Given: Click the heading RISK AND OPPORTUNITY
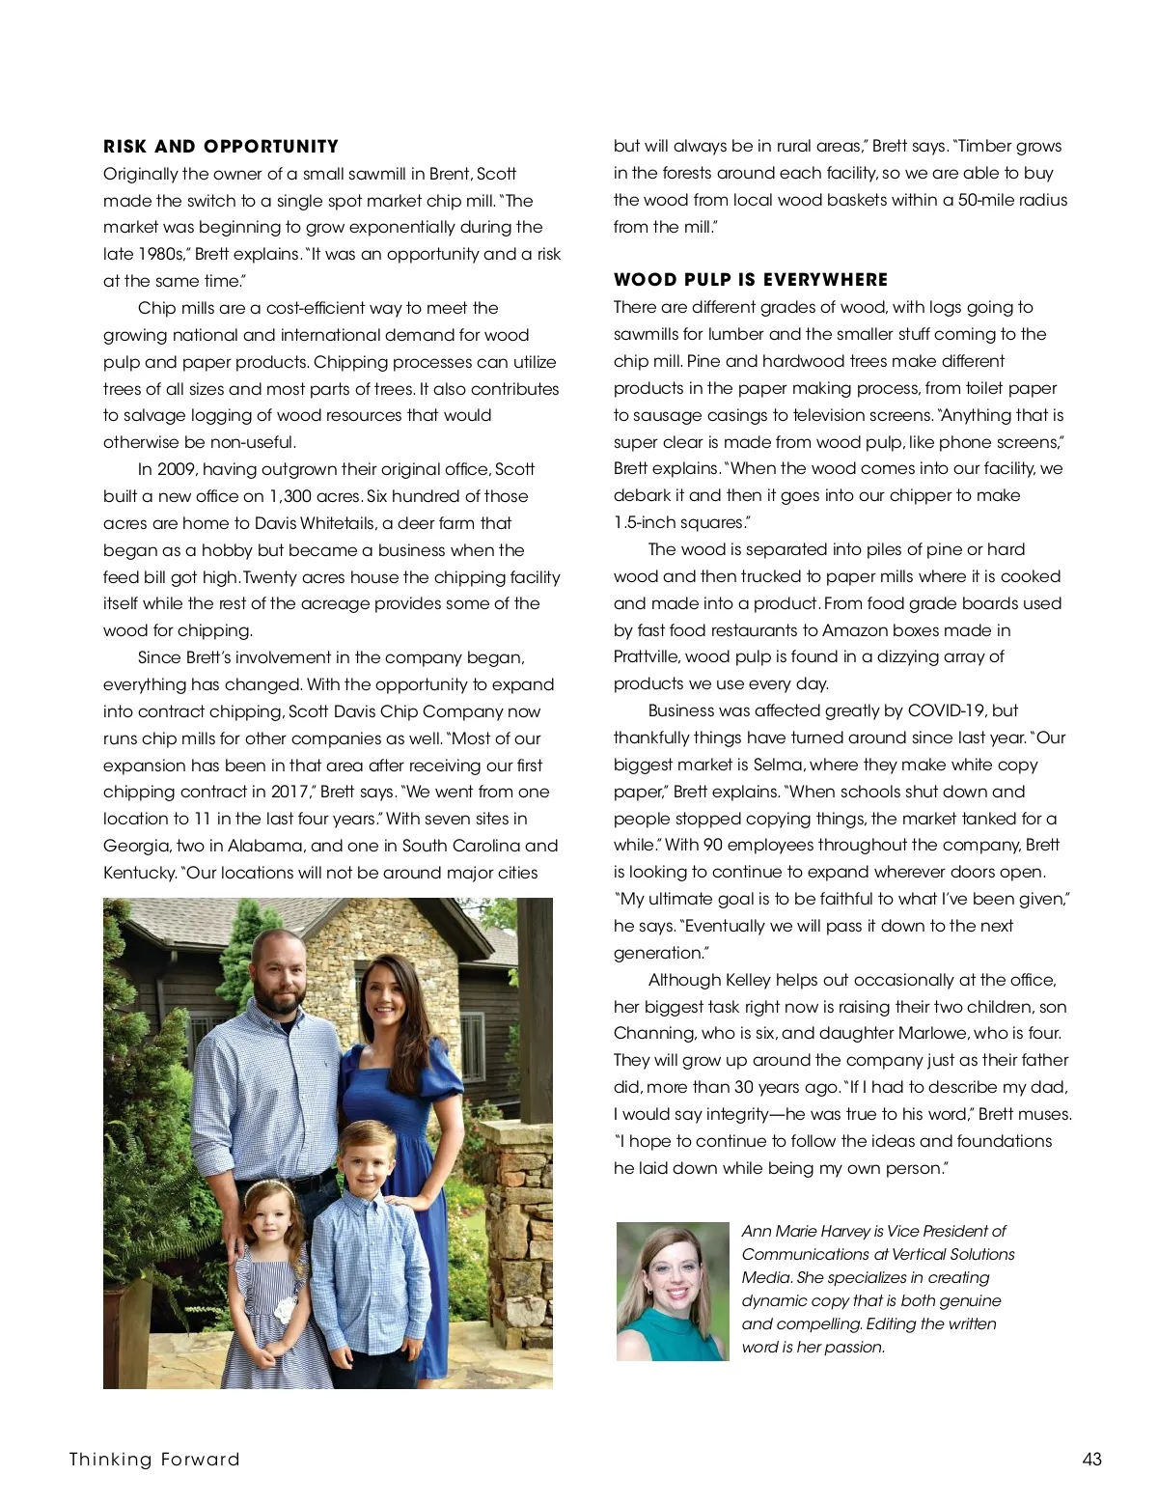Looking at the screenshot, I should [x=221, y=147].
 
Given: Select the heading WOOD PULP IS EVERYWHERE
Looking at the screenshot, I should [x=751, y=280].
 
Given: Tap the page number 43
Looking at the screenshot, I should [x=1091, y=1459].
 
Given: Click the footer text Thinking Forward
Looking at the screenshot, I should [x=154, y=1459].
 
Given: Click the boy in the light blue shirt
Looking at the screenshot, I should [x=369, y=1255].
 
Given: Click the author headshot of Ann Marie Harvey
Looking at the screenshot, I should [x=673, y=1292].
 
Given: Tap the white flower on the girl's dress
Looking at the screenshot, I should [x=282, y=1310].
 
